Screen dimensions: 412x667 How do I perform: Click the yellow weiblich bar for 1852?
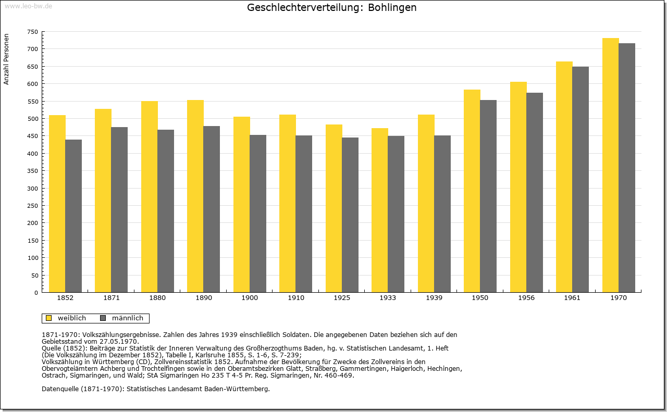coord(57,204)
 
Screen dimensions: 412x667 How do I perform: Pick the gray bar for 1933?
coord(396,214)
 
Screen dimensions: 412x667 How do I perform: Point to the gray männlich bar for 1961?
coord(580,179)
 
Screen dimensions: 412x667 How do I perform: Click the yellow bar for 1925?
coord(334,208)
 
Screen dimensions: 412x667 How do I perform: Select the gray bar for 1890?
coord(212,209)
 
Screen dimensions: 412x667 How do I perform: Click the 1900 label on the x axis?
coord(250,298)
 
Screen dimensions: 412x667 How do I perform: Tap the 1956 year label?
coord(526,298)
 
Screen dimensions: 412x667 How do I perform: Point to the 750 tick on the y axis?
coord(33,32)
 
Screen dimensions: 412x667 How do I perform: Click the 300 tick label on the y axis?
coord(33,188)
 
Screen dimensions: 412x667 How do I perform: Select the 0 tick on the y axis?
coord(36,293)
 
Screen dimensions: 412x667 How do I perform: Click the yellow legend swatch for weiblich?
coord(49,318)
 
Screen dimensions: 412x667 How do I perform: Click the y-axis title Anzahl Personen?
coord(7,59)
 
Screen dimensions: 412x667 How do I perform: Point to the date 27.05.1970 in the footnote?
coord(121,341)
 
